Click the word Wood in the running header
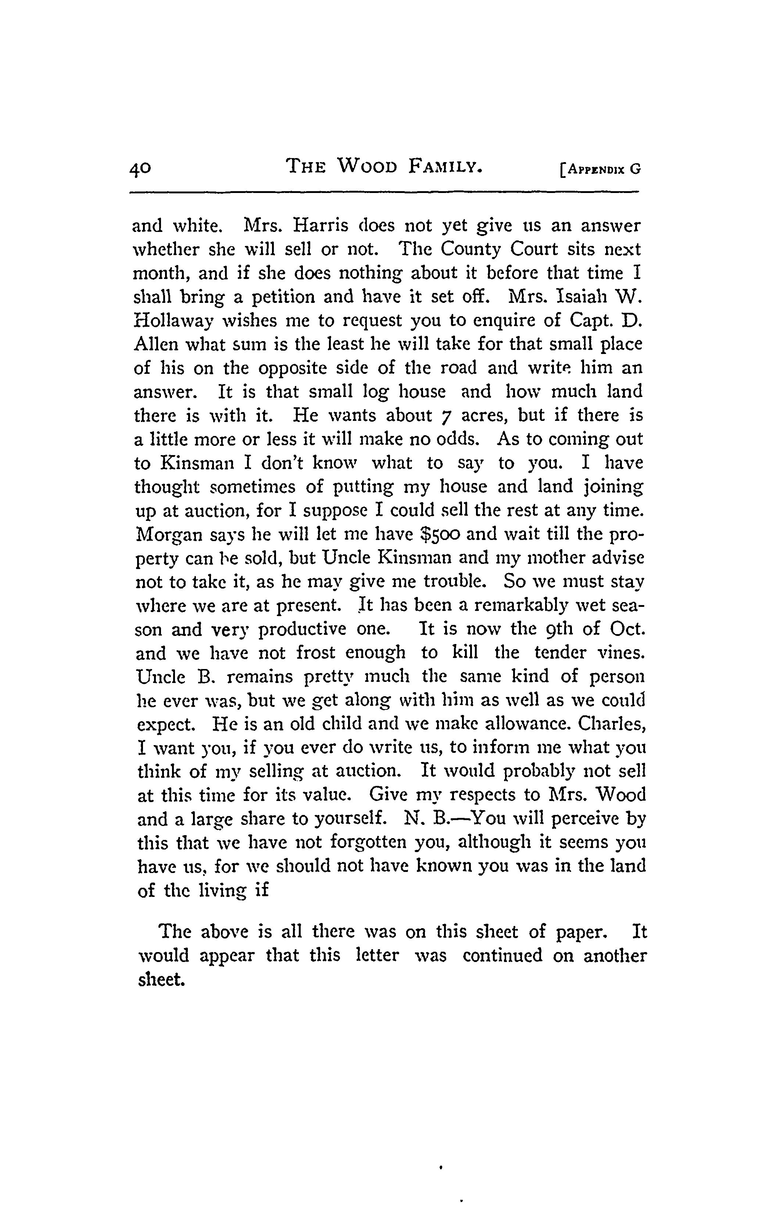(x=367, y=166)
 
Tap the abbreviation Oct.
(x=627, y=629)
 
